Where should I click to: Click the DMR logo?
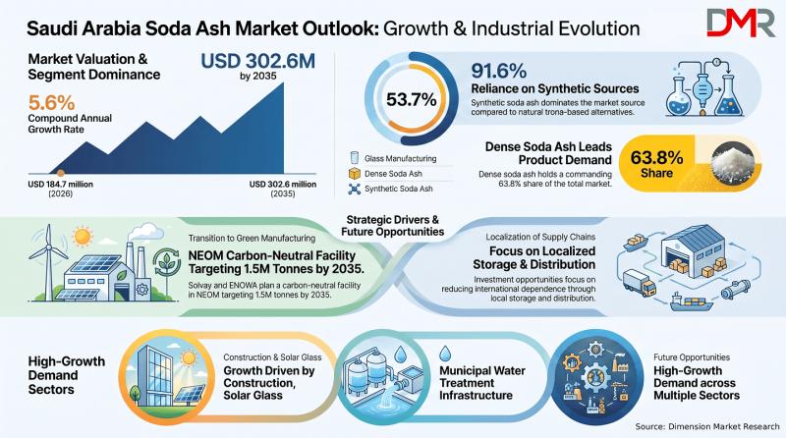pyautogui.click(x=741, y=23)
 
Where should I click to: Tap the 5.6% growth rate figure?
pyautogui.click(x=51, y=103)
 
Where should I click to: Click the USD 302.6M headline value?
pyautogui.click(x=257, y=61)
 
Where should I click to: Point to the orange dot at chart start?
pyautogui.click(x=61, y=173)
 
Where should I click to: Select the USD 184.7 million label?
pyautogui.click(x=60, y=184)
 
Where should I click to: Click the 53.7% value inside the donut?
pyautogui.click(x=411, y=100)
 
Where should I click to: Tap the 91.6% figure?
pyautogui.click(x=498, y=71)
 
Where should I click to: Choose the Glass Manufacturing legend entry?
pyautogui.click(x=394, y=158)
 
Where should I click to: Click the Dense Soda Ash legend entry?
pyautogui.click(x=386, y=174)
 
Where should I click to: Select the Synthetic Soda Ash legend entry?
pyautogui.click(x=391, y=189)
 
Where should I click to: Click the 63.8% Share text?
pyautogui.click(x=656, y=164)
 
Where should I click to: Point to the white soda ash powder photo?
pyautogui.click(x=732, y=161)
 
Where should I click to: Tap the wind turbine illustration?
pyautogui.click(x=48, y=260)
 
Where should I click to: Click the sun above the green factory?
pyautogui.click(x=82, y=236)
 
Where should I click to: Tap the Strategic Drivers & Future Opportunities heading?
pyautogui.click(x=392, y=226)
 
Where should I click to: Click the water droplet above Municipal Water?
pyautogui.click(x=445, y=354)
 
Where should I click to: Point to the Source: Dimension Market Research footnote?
pyautogui.click(x=707, y=426)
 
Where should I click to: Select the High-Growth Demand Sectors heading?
pyautogui.click(x=66, y=375)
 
